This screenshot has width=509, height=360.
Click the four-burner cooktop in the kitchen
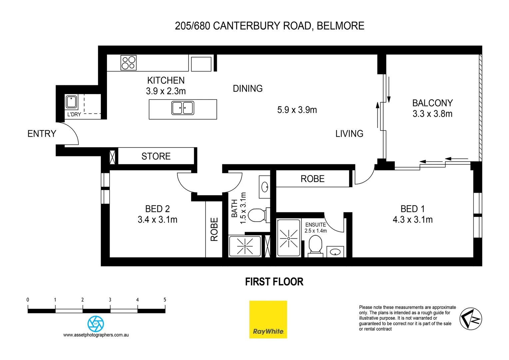(x=129, y=63)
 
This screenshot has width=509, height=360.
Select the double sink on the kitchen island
(x=183, y=108)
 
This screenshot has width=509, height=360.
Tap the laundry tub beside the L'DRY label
(x=71, y=102)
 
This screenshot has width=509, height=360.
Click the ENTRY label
(x=42, y=134)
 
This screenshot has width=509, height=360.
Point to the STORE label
(x=156, y=156)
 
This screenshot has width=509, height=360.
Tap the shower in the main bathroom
(x=245, y=246)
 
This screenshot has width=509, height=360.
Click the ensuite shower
(x=288, y=238)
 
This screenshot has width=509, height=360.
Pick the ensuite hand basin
(x=335, y=252)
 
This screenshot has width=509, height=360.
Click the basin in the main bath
(x=265, y=187)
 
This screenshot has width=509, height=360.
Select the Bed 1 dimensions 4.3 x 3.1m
(x=412, y=220)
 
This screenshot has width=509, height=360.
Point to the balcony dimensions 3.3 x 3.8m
(x=432, y=114)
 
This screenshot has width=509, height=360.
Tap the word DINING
(x=248, y=89)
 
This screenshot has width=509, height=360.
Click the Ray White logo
(x=268, y=319)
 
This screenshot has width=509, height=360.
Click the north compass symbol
(x=471, y=319)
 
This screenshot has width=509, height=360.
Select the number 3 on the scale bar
(x=110, y=300)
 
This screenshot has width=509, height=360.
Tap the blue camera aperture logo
(x=96, y=324)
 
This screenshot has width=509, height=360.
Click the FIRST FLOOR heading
(x=274, y=282)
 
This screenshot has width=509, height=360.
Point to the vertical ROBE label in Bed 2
(x=214, y=229)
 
